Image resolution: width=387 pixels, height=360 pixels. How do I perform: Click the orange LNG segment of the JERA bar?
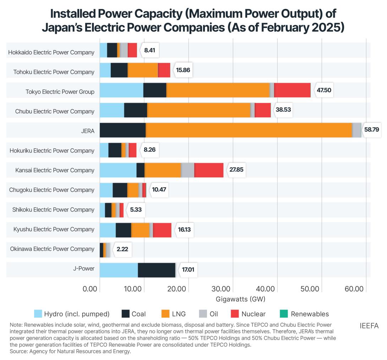tap(249, 130)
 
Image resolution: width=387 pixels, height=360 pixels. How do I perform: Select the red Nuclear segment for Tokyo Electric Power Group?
tap(292, 90)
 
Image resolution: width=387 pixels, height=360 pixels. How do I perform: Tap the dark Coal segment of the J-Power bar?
tap(157, 270)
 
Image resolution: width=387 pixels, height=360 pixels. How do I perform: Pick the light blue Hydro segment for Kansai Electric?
tap(118, 170)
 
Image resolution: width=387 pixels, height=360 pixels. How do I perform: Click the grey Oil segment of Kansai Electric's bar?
tap(187, 170)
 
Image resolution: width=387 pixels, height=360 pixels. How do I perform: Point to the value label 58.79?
tap(371, 130)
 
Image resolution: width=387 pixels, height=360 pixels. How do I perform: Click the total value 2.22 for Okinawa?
tap(122, 249)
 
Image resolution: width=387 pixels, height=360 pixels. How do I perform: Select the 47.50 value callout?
tap(324, 90)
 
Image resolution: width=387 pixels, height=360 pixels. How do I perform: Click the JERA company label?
tap(88, 131)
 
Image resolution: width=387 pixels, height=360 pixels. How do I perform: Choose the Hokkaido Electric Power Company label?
tap(51, 52)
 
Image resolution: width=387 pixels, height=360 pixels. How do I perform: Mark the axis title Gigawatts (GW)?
tap(240, 299)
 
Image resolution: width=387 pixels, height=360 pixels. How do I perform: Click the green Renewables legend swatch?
tap(284, 314)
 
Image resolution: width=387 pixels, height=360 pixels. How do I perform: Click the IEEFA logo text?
tap(370, 325)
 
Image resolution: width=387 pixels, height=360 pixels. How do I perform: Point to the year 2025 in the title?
tap(326, 27)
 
